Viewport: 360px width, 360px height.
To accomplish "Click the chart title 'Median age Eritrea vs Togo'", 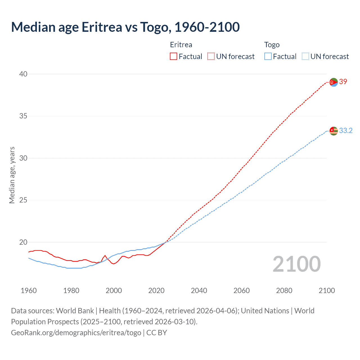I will click(125, 27).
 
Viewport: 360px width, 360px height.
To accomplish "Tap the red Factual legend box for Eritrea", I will click(174, 57).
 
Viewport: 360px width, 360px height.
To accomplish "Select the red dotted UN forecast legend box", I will click(211, 57).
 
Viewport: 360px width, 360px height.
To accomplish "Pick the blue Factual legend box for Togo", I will click(268, 57).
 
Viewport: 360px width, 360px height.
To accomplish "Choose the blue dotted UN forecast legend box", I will click(305, 57).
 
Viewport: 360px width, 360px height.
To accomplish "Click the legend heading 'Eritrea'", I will click(181, 45).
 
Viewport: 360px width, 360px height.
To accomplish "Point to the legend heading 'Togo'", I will click(272, 45).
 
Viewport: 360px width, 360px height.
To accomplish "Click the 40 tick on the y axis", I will click(23, 74).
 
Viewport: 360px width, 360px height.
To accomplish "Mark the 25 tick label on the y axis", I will click(23, 200).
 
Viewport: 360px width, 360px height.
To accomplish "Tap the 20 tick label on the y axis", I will click(23, 242).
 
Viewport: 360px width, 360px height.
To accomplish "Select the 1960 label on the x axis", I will click(29, 291).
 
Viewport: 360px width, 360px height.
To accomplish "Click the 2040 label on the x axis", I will click(199, 291).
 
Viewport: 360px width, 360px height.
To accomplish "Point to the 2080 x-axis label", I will click(284, 291).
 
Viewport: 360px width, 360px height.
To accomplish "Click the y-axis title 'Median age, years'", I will click(12, 175).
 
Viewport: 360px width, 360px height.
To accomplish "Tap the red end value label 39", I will click(343, 82).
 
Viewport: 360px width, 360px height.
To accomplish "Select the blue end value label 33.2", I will click(346, 130).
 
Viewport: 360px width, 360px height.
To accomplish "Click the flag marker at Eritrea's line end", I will click(334, 82).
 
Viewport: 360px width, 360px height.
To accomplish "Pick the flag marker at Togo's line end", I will click(334, 131).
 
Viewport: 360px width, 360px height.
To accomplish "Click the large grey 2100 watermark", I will click(296, 264).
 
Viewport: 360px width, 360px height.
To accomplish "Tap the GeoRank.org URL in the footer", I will click(76, 333).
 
